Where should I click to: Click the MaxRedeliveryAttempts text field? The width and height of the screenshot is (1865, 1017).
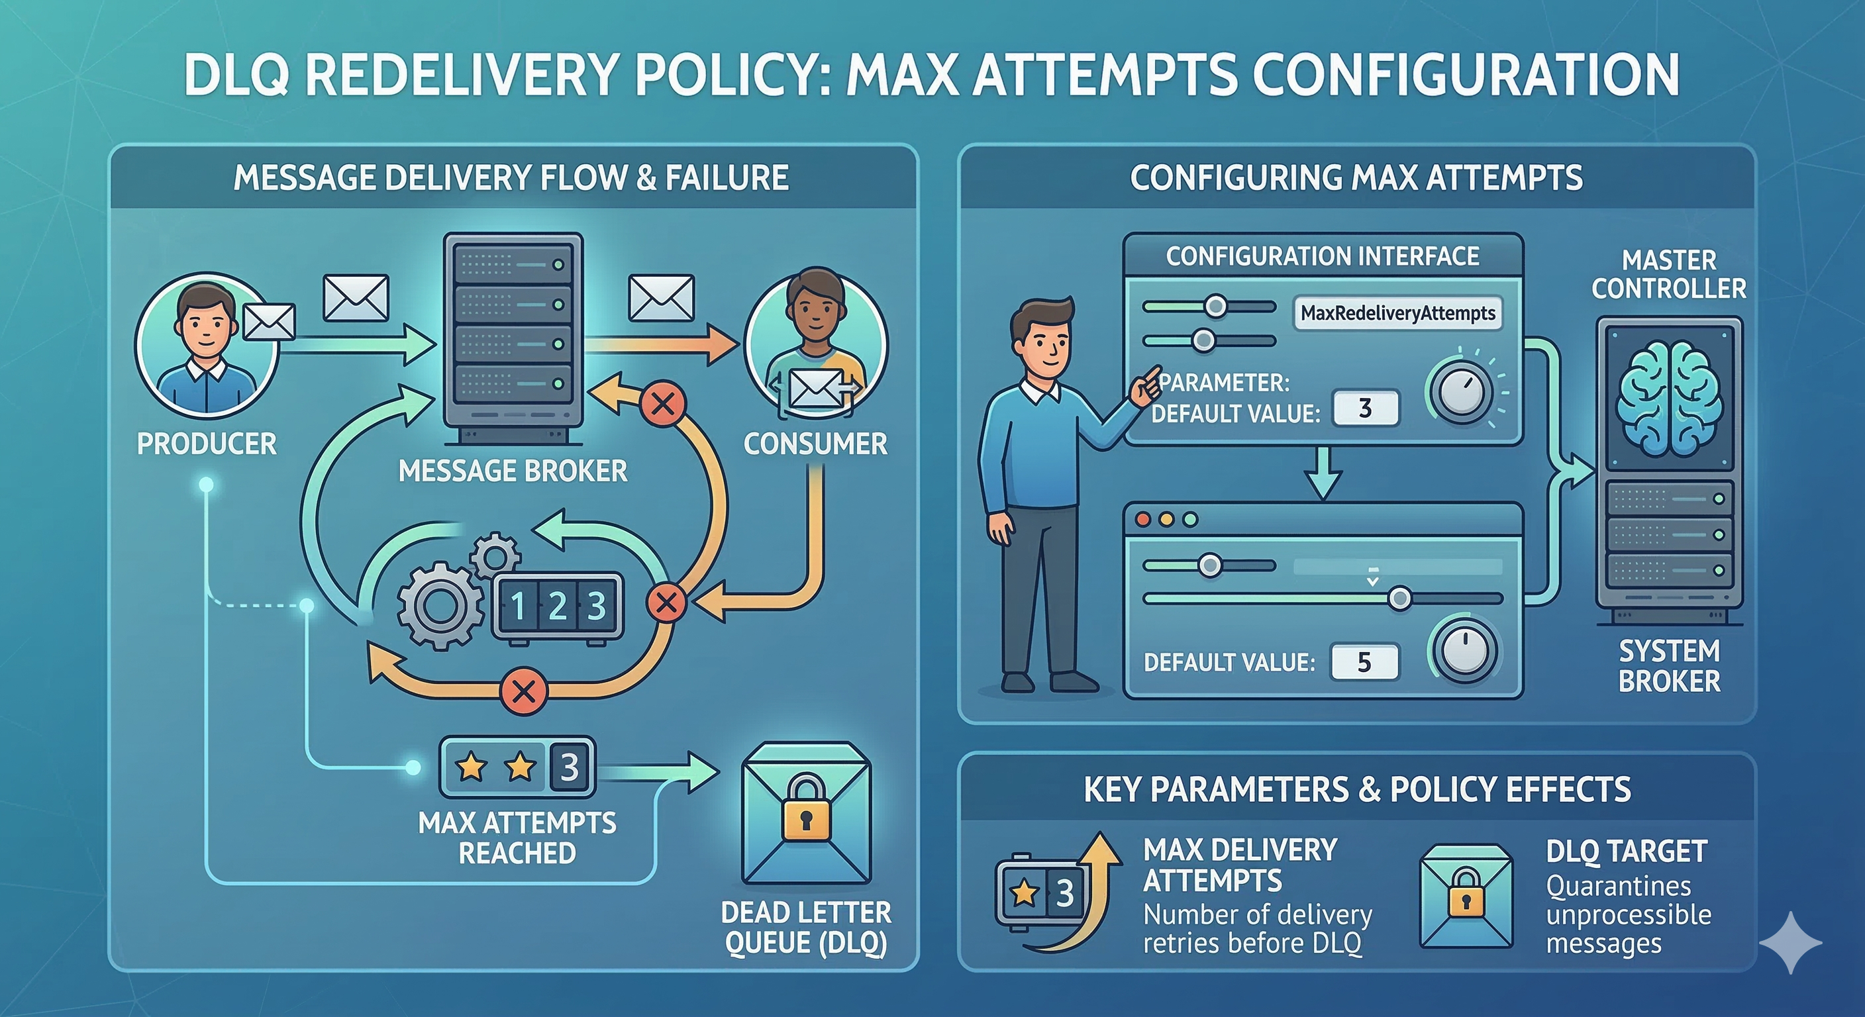click(1397, 313)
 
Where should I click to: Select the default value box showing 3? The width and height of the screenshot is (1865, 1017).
click(1366, 409)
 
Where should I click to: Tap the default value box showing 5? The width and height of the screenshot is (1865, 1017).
click(1364, 661)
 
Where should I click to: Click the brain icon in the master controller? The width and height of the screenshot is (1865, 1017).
click(1669, 397)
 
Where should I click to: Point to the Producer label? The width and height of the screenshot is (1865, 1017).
click(207, 444)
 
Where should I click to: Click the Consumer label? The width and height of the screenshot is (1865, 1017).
click(815, 444)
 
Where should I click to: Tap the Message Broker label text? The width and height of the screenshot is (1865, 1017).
click(513, 471)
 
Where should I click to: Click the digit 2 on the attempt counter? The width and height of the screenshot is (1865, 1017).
click(557, 606)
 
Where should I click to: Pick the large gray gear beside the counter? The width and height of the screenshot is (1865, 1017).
click(440, 606)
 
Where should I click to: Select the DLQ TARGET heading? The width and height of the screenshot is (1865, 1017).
click(1627, 851)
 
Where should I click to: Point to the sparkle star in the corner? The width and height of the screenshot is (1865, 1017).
click(1790, 942)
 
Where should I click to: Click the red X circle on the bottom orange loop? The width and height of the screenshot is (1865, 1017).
click(523, 691)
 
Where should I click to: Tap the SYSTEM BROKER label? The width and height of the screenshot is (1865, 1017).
click(1670, 666)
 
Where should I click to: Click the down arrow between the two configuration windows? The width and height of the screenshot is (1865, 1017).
click(1323, 473)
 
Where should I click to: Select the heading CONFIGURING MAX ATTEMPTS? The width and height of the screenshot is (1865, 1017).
click(1356, 177)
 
